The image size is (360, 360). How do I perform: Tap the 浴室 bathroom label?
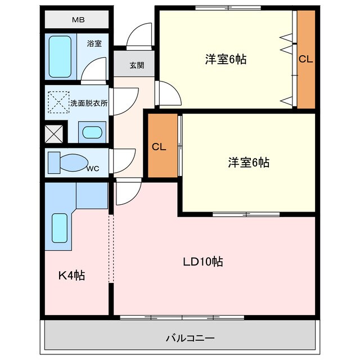coord(94,43)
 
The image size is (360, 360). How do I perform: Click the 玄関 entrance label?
coord(137,65)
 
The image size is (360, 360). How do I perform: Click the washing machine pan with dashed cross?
coord(58,103)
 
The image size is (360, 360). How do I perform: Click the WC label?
coord(94,168)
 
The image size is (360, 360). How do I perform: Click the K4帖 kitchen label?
coord(72,276)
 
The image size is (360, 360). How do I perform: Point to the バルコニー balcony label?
coord(190,339)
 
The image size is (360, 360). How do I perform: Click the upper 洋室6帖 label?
coord(226,58)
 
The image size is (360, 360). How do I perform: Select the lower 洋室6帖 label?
coord(248,163)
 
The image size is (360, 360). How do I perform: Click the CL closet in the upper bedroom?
coord(305,58)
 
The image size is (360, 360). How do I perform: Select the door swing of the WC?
coord(123,161)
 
